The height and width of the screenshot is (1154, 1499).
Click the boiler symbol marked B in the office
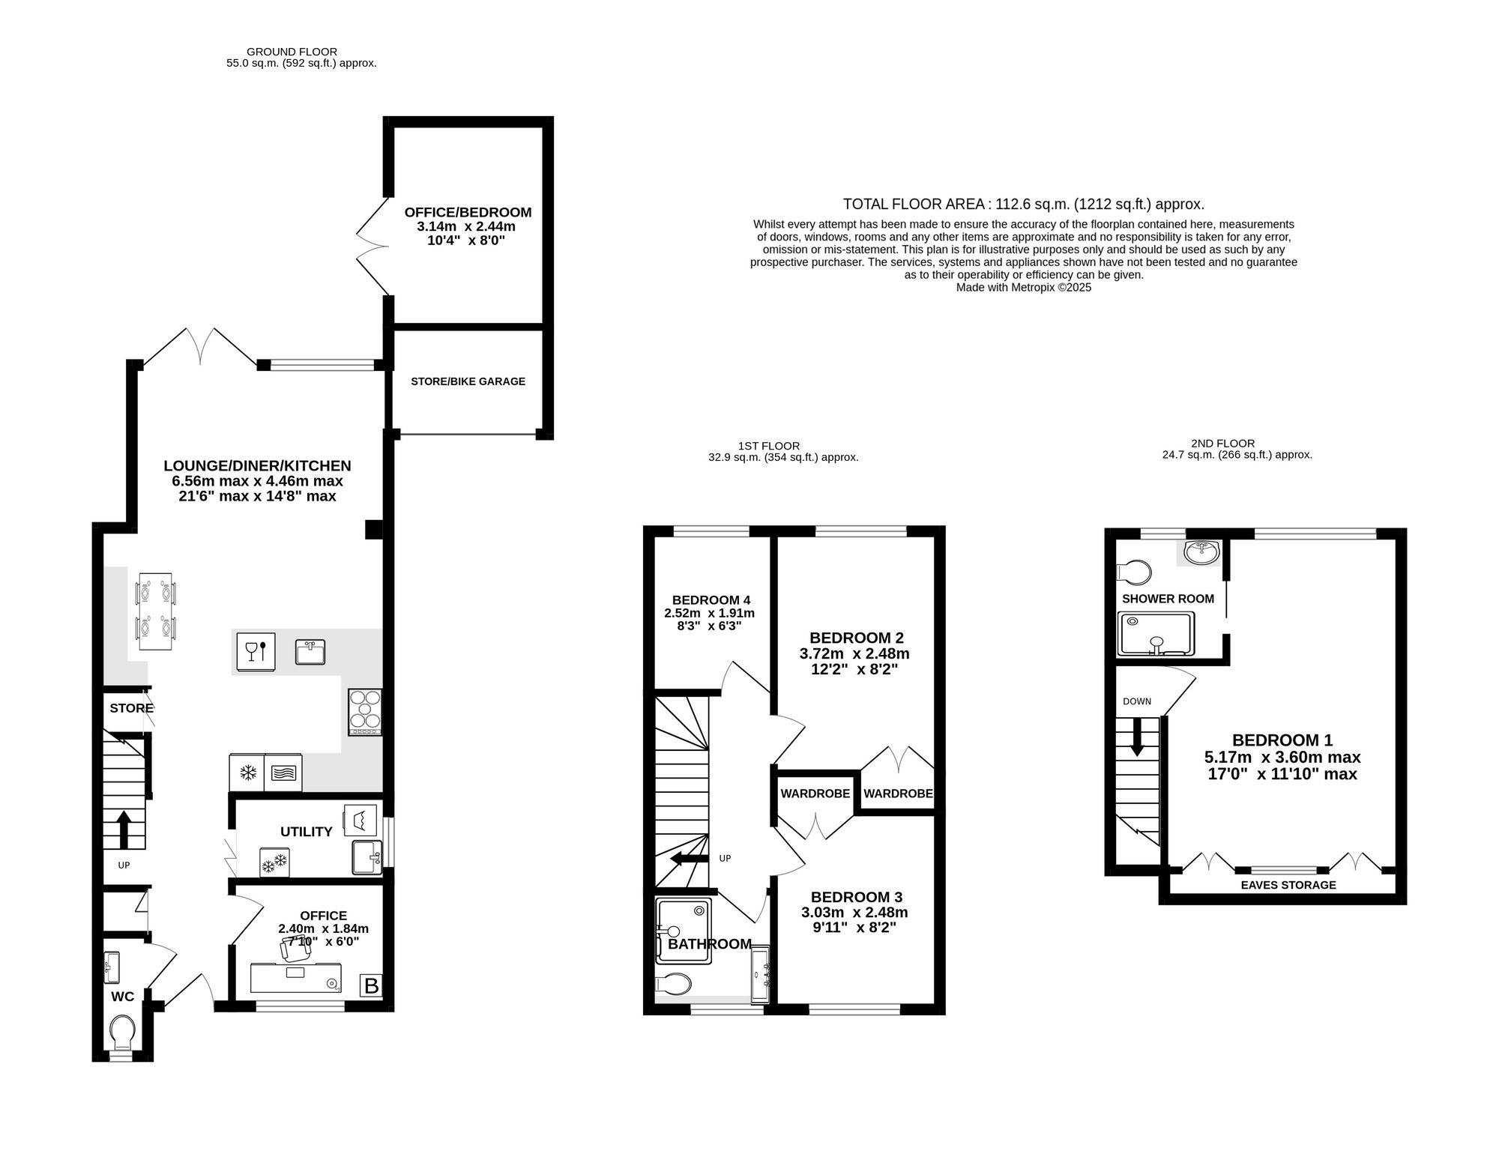coord(371,985)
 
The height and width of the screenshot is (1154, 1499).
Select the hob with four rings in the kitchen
coord(365,712)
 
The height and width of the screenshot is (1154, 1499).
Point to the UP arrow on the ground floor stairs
coord(124,829)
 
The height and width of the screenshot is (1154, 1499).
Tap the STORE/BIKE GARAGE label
coord(468,381)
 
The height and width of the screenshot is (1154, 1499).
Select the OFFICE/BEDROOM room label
coord(468,212)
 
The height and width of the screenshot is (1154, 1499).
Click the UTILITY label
coord(306,832)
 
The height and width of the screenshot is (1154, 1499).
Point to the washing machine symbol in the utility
coord(359,821)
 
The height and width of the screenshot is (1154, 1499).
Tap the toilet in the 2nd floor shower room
coord(1133,573)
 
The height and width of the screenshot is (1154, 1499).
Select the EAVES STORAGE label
coord(1288,885)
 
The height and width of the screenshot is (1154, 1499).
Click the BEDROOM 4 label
coord(711,600)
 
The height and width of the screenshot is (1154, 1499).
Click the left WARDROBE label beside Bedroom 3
coord(815,794)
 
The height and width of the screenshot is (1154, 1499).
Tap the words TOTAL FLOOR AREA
coord(914,204)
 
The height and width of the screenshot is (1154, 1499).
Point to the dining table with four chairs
coord(155,611)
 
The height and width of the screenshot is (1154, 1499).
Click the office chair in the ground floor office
coord(292,949)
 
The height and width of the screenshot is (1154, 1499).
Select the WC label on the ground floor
coord(122,997)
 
